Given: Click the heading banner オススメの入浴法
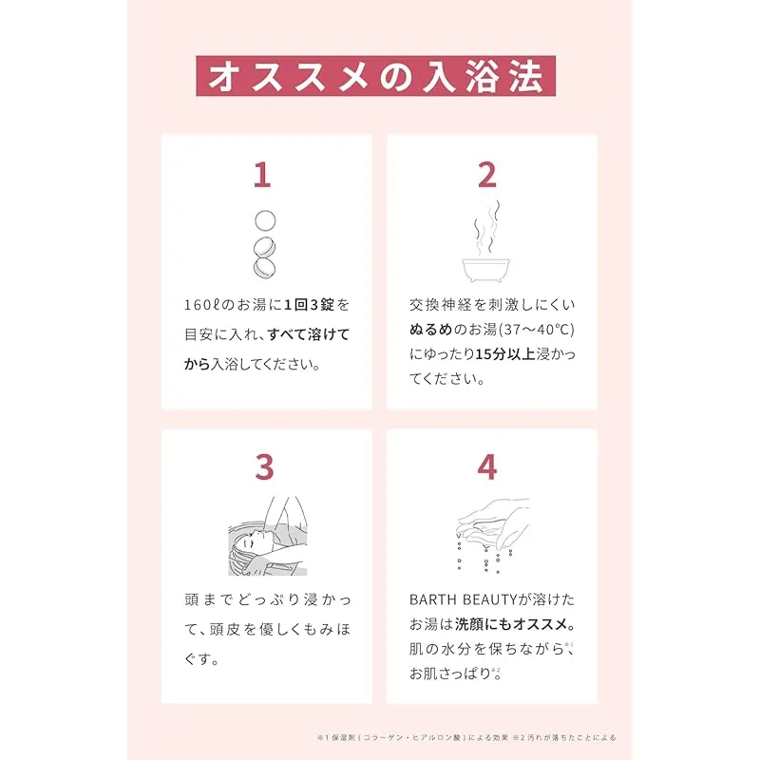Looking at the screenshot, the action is click(375, 76).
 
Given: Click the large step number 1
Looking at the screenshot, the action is click(262, 175).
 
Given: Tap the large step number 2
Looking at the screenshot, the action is click(487, 175).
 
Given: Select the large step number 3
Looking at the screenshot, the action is click(265, 466).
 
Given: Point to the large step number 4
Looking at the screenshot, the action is click(487, 466).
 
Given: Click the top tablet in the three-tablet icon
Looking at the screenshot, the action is click(265, 220).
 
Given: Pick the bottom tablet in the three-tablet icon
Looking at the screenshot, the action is click(265, 268).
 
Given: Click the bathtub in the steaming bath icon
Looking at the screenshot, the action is click(485, 271).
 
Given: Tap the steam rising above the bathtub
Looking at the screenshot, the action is click(486, 228).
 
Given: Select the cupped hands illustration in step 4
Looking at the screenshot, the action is click(492, 522).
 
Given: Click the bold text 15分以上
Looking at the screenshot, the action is click(505, 354).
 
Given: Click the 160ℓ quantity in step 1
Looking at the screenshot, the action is click(202, 305).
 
